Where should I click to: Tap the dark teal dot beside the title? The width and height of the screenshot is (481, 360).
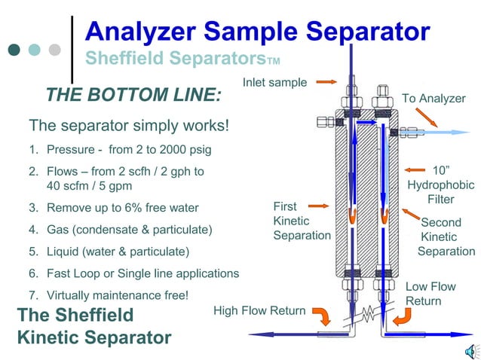tap(14, 50)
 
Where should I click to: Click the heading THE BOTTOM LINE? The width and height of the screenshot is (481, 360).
tap(133, 96)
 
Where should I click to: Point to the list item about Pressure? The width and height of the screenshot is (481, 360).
tap(129, 149)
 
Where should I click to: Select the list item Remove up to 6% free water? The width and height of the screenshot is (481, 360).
tap(123, 207)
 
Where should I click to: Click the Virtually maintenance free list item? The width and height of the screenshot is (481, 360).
tap(118, 294)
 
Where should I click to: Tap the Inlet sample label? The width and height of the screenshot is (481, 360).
tap(274, 82)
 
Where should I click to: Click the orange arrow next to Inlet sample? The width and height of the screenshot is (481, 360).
tap(326, 81)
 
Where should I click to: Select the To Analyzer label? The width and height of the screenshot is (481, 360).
tap(434, 99)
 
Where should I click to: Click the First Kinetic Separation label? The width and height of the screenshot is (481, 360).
tap(301, 221)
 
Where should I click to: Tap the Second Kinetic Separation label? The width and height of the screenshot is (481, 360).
tap(446, 236)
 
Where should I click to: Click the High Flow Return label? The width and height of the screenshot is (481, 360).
tap(259, 311)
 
